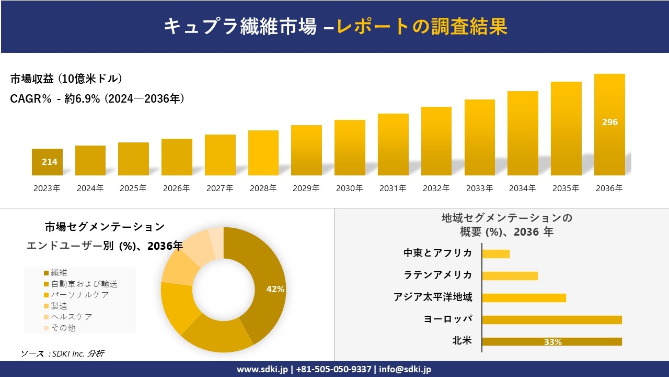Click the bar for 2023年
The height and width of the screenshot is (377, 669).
pos(47,162)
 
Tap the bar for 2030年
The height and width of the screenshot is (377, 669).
pos(350,148)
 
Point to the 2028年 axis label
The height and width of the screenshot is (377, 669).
pos(263,188)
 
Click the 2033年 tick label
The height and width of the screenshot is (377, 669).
pos(479,188)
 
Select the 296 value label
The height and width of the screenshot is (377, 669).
pos(609,122)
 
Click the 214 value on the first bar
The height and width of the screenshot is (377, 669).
pos(49,162)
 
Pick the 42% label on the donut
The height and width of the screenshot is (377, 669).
pos(275,289)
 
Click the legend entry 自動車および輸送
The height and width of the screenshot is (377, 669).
pos(84,284)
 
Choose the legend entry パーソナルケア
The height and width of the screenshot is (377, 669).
pos(79,295)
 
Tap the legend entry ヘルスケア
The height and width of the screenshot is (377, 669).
pos(71,317)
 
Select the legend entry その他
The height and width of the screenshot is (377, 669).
pos(63,328)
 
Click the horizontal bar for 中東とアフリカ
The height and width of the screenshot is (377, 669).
pos(495,254)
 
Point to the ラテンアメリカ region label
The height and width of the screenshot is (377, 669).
pos(438,275)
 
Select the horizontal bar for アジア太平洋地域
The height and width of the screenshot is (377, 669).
pos(524,298)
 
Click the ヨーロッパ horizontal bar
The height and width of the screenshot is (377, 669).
pos(551,320)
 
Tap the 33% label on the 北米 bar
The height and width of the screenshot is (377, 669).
pos(552,342)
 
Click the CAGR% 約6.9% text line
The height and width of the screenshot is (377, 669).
pos(97,99)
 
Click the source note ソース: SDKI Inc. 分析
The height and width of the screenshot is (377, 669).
pos(62,353)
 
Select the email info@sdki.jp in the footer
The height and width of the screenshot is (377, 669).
pos(405,369)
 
